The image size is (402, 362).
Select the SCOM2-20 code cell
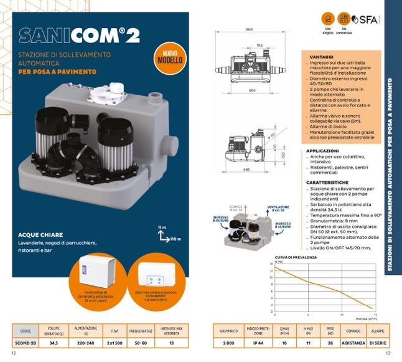click(26, 341)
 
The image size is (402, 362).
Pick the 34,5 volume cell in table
click(54, 341)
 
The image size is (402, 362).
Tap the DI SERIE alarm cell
click(377, 342)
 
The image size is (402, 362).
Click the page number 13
click(387, 354)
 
